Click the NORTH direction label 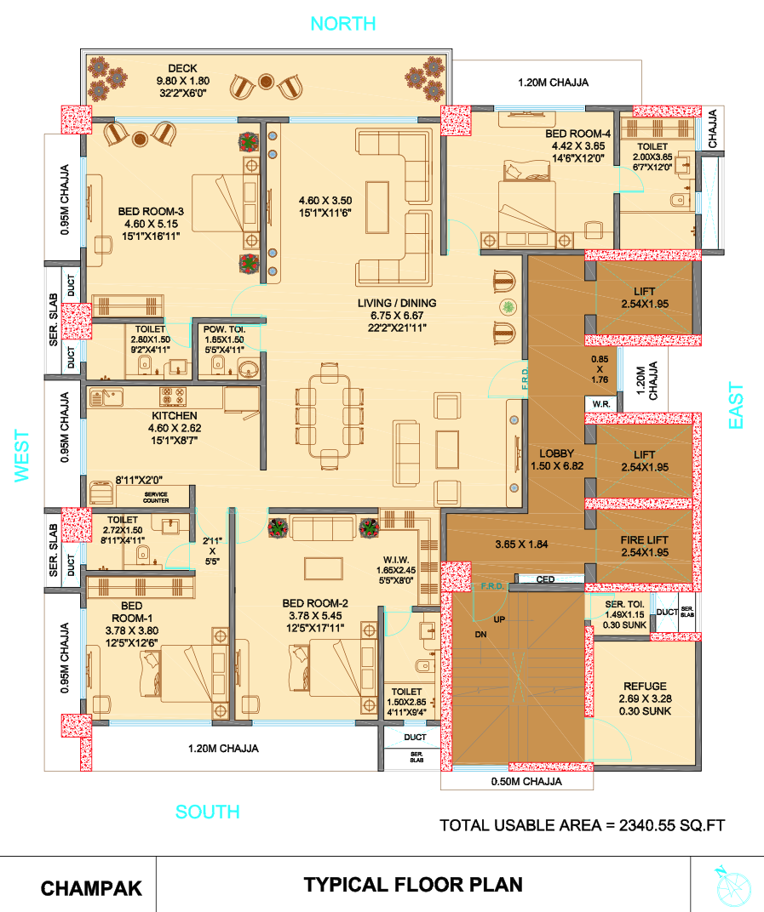(x=343, y=23)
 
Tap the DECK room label (x=182, y=68)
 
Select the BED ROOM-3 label (x=151, y=212)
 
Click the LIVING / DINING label (x=397, y=303)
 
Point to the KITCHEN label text (x=175, y=415)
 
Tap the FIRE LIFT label (x=645, y=540)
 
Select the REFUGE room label (x=645, y=687)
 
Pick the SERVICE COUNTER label (x=156, y=498)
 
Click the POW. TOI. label (x=224, y=328)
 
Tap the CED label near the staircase (x=545, y=580)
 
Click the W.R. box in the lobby (x=600, y=403)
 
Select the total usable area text (x=582, y=825)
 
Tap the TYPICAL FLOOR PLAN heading (x=413, y=885)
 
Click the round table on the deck (x=266, y=82)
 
